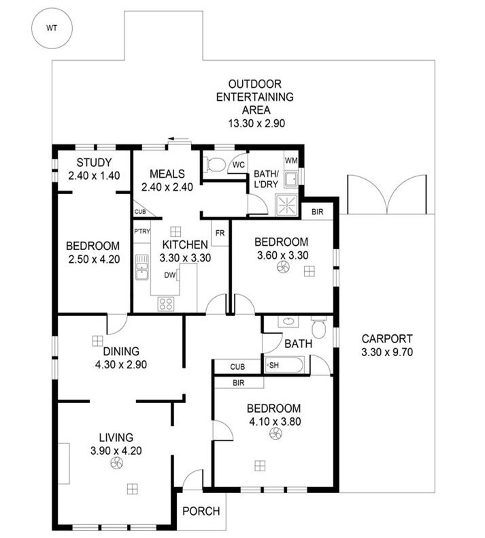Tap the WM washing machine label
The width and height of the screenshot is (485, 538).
pyautogui.click(x=291, y=161)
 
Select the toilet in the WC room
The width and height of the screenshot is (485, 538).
pyautogui.click(x=213, y=164)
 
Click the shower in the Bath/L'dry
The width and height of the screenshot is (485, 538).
pyautogui.click(x=286, y=205)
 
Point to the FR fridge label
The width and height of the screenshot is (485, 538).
pyautogui.click(x=220, y=234)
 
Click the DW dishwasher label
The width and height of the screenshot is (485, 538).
pyautogui.click(x=170, y=275)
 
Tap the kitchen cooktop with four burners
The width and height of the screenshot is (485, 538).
pyautogui.click(x=166, y=304)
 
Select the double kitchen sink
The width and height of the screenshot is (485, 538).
pyautogui.click(x=141, y=267)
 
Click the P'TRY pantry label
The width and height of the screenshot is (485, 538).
pyautogui.click(x=142, y=232)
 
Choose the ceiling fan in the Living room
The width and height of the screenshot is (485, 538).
pyautogui.click(x=116, y=463)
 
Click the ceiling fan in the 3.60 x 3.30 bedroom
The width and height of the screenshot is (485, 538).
pyautogui.click(x=283, y=267)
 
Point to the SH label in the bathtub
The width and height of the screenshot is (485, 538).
pyautogui.click(x=273, y=366)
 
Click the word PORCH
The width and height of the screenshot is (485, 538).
pyautogui.click(x=201, y=511)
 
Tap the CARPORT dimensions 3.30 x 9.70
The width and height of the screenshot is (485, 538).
pyautogui.click(x=387, y=352)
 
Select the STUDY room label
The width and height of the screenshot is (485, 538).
pyautogui.click(x=94, y=162)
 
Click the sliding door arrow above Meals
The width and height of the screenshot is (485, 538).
pyautogui.click(x=178, y=139)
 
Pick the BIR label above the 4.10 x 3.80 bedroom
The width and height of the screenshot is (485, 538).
pyautogui.click(x=238, y=383)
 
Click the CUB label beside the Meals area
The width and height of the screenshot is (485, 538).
pyautogui.click(x=140, y=212)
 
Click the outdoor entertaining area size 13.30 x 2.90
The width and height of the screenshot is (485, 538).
pyautogui.click(x=256, y=123)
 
